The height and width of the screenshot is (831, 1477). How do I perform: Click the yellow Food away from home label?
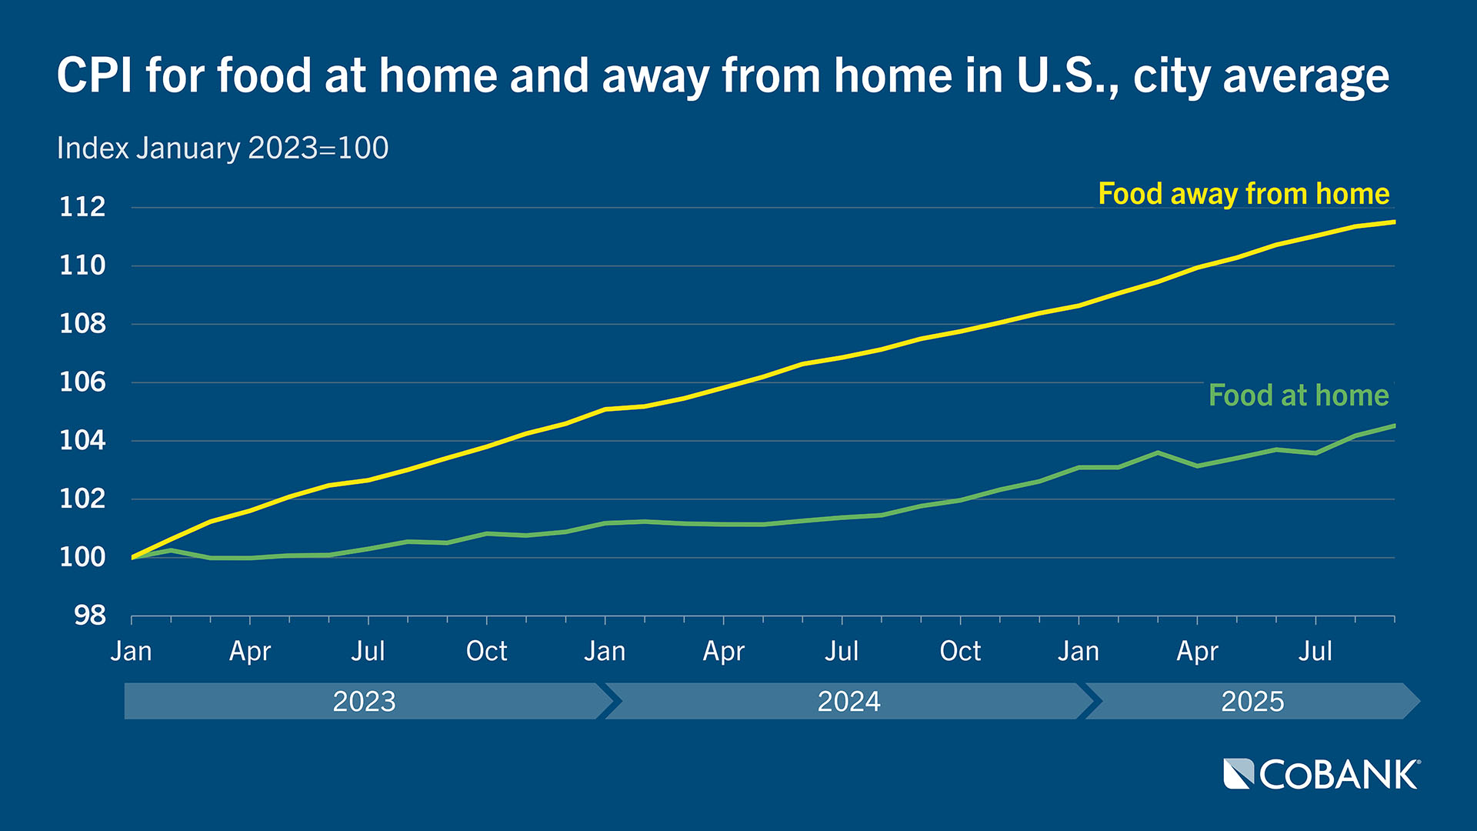point(1243,194)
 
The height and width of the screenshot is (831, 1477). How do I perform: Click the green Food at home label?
point(1299,395)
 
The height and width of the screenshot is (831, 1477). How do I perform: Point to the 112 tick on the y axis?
point(82,207)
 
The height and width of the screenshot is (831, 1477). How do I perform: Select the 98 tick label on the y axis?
point(90,616)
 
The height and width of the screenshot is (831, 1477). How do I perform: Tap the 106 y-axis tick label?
point(82,382)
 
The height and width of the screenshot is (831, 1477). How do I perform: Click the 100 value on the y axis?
point(82,557)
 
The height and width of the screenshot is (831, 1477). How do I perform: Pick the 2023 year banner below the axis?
point(364,702)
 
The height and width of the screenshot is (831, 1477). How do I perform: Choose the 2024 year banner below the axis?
point(849,702)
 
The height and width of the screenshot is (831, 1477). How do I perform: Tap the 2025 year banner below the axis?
point(1252,702)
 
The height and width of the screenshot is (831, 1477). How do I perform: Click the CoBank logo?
point(1322,775)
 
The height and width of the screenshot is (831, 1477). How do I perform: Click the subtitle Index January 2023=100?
point(222,149)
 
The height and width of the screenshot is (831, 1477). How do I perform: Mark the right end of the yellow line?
point(1394,222)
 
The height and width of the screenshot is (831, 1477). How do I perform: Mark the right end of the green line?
point(1394,426)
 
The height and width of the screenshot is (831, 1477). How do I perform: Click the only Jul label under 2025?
point(1315,652)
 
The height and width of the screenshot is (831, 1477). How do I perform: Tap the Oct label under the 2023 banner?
point(486,652)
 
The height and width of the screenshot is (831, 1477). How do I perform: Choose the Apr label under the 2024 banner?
point(723,652)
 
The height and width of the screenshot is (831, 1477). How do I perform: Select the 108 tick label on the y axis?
point(82,324)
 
